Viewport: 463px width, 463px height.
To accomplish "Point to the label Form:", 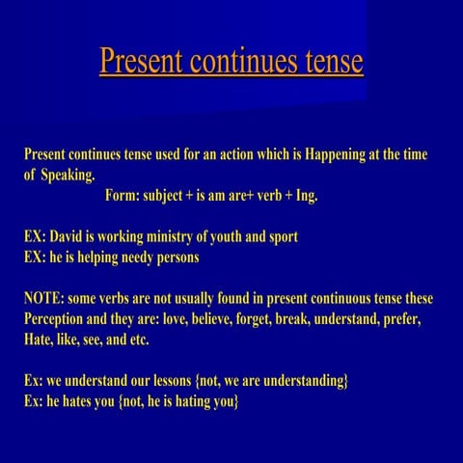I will [x=122, y=196].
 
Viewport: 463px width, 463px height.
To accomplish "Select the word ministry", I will [x=191, y=237].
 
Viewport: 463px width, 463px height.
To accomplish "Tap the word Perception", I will [x=59, y=319].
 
